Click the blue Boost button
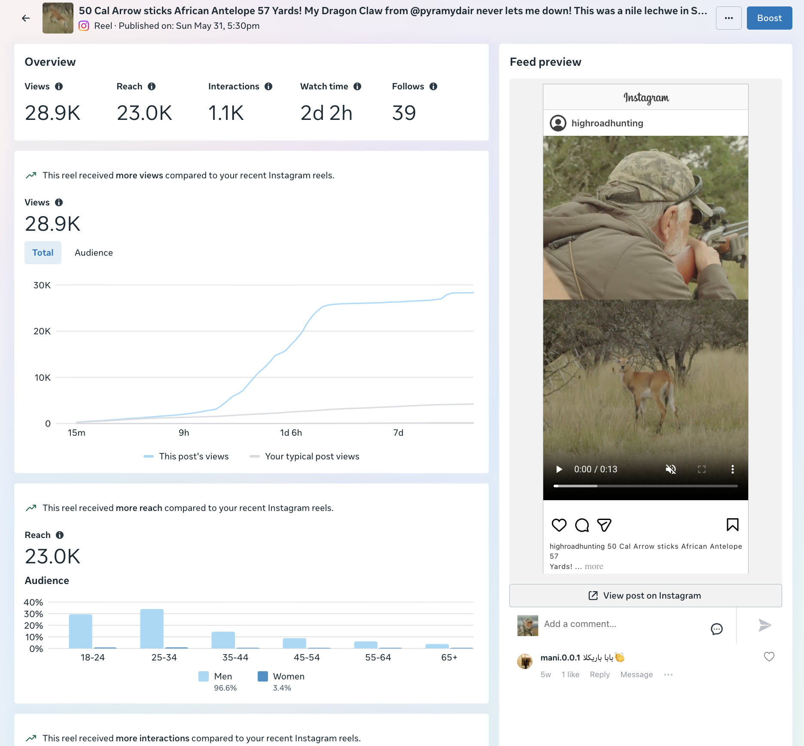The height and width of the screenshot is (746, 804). pyautogui.click(x=769, y=18)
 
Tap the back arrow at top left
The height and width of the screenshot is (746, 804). pyautogui.click(x=26, y=18)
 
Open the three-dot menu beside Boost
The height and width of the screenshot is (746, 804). pyautogui.click(x=729, y=18)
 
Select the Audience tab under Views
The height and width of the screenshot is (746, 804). pyautogui.click(x=94, y=253)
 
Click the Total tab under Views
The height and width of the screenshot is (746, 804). pyautogui.click(x=43, y=253)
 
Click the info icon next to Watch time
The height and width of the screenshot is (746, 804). pyautogui.click(x=357, y=86)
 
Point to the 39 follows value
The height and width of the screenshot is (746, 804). pyautogui.click(x=404, y=113)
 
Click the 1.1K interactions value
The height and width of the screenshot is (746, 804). pyautogui.click(x=226, y=113)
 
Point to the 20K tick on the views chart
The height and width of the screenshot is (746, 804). pyautogui.click(x=42, y=331)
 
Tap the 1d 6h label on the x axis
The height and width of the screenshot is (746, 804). pyautogui.click(x=291, y=433)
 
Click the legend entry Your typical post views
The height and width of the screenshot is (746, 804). pyautogui.click(x=305, y=456)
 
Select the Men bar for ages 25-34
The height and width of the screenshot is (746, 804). pyautogui.click(x=152, y=629)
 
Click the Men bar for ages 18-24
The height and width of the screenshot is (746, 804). pyautogui.click(x=81, y=631)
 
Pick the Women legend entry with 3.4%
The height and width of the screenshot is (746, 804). pyautogui.click(x=281, y=681)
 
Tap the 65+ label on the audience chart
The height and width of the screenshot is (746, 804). pyautogui.click(x=449, y=657)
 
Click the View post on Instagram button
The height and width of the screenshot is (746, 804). pyautogui.click(x=646, y=596)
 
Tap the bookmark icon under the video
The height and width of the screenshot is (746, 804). pyautogui.click(x=733, y=525)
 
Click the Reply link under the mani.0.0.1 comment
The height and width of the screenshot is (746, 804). pyautogui.click(x=600, y=675)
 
